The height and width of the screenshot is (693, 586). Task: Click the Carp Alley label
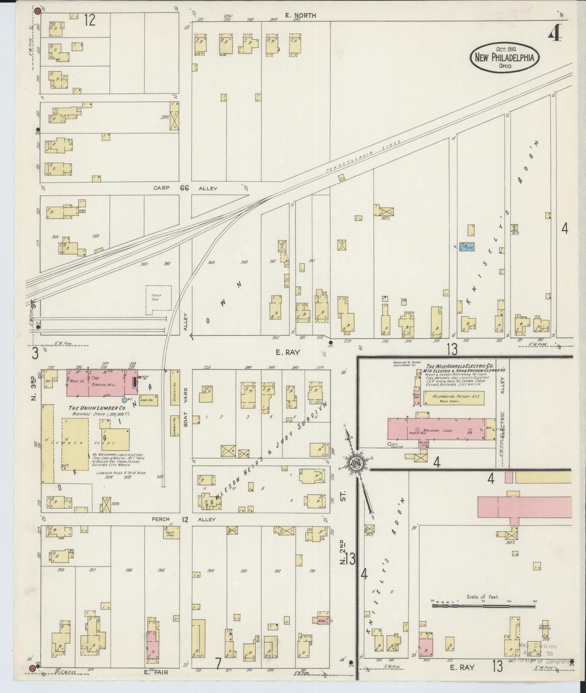(x=185, y=188)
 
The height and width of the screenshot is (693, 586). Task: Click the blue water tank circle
(x=125, y=400)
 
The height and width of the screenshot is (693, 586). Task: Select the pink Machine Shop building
(x=436, y=428)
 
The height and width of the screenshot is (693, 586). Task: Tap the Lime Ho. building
(x=148, y=400)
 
